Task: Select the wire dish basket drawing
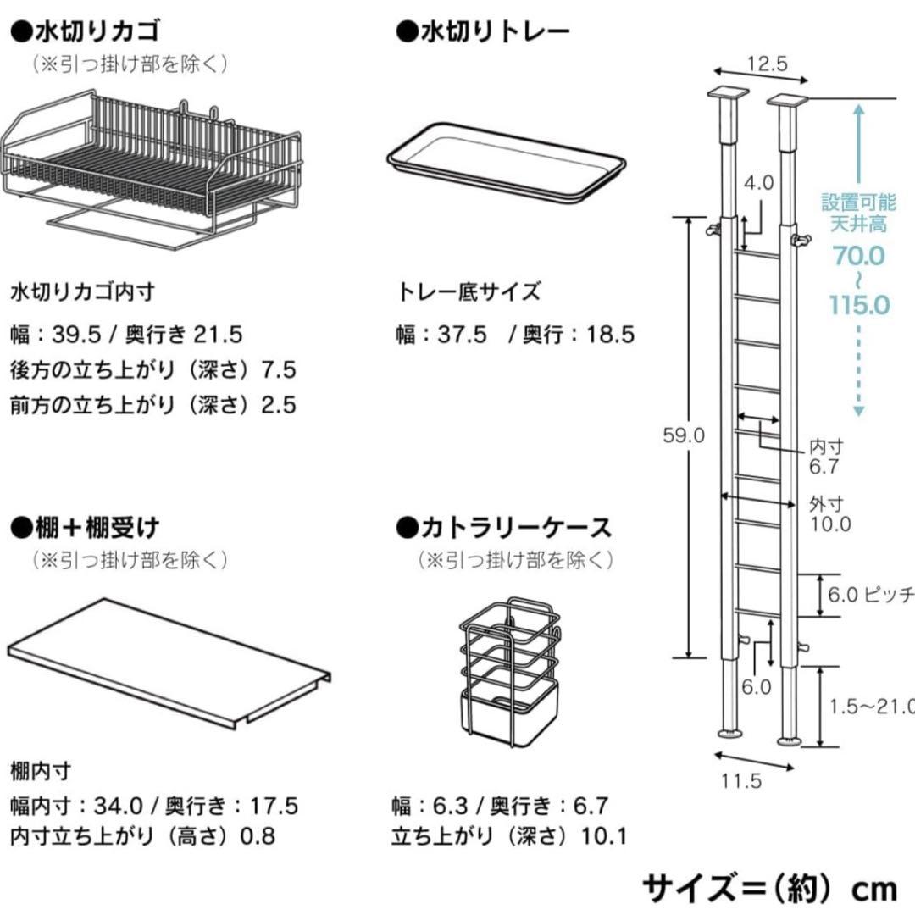pos(152,169)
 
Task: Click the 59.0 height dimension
pos(684,435)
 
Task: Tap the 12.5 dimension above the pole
pos(767,63)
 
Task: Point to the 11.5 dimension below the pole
pos(741,780)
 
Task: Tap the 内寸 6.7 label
pos(824,457)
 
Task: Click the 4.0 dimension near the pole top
pos(758,182)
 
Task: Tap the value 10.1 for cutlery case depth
pos(603,837)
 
